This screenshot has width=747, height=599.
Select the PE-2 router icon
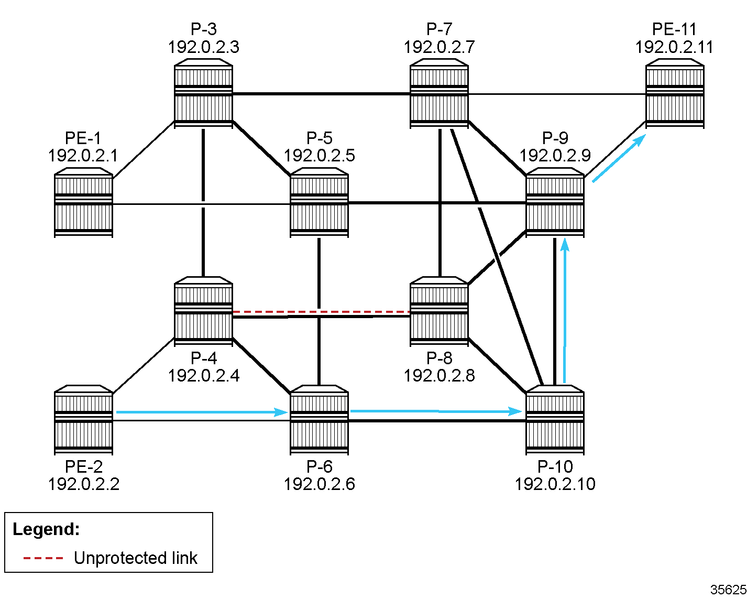tap(83, 420)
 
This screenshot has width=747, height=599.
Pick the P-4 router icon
tap(203, 311)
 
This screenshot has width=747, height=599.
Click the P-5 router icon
tap(319, 203)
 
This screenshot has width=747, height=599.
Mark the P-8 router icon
tap(439, 311)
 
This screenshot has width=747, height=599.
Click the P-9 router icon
tap(555, 203)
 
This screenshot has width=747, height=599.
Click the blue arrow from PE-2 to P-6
tap(202, 412)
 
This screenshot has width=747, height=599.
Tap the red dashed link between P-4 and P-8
tap(321, 312)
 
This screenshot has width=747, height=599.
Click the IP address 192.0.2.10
tap(555, 484)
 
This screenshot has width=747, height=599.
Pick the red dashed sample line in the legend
tap(43, 558)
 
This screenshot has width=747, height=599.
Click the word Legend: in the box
tap(46, 529)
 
